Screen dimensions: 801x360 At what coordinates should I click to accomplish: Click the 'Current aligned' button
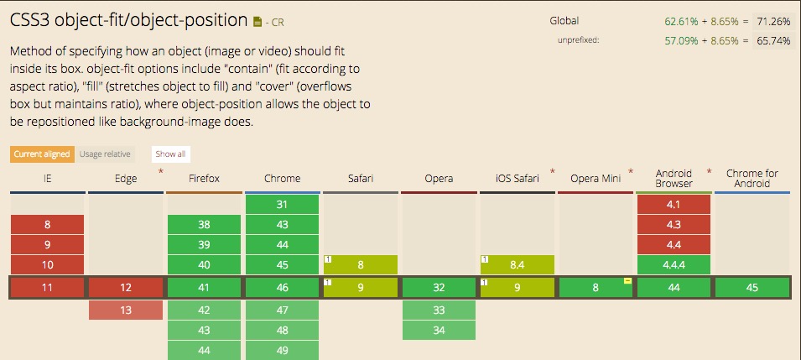coord(42,154)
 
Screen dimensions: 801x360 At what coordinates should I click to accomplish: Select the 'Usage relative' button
coord(105,154)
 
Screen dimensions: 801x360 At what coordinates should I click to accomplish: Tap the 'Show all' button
coord(170,154)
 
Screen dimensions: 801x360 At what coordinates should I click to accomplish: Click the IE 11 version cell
coord(47,287)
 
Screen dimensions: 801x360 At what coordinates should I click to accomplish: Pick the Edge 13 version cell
coord(126,310)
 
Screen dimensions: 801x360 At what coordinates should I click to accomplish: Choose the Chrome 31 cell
coord(282,205)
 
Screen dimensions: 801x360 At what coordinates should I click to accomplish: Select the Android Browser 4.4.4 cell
coord(674,265)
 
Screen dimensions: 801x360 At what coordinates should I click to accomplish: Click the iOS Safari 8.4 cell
coord(517,265)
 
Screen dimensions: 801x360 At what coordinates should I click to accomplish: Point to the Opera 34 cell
coord(439,331)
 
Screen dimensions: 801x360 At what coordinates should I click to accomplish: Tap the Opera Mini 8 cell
coord(596,287)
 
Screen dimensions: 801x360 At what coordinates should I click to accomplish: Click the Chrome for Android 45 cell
coord(752,287)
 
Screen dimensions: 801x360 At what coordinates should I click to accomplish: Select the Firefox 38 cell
coord(204,225)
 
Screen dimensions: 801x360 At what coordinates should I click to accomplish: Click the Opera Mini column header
coord(596,179)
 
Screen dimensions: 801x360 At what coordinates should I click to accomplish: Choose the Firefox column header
coord(204,179)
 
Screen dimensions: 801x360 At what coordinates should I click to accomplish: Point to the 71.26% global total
coord(773,22)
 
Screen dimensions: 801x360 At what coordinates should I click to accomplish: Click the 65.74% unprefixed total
coord(773,41)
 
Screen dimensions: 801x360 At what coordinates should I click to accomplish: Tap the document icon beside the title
coord(257,22)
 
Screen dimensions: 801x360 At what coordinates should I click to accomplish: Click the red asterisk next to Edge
coord(161,171)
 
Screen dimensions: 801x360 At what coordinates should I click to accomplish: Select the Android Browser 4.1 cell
coord(674,205)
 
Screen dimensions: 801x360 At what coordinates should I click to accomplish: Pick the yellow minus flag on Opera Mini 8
coord(628,281)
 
